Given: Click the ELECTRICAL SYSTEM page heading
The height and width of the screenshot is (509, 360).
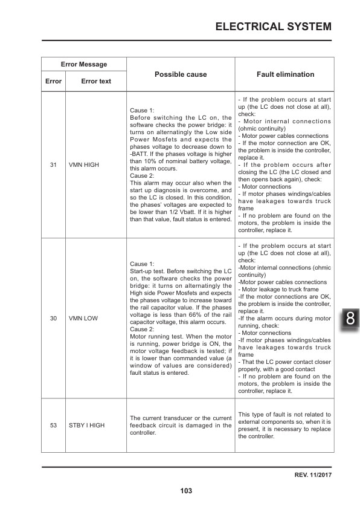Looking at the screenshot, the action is (273, 27).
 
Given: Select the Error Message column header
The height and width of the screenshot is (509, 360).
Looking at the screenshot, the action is (84, 64).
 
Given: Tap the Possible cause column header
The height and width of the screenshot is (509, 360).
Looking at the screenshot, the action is (181, 74).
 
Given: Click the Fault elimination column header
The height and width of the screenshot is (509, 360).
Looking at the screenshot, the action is (285, 74).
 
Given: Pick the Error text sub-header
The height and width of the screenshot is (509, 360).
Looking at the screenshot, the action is (96, 81).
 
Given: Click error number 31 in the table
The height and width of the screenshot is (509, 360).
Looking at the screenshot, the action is (53, 164).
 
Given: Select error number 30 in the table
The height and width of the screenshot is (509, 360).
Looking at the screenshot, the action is (53, 318).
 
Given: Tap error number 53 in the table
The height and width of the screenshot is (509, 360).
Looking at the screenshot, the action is (53, 426).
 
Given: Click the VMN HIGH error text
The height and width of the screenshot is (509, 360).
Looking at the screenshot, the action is (84, 164).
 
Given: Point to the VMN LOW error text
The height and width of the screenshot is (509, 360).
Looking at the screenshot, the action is (83, 318).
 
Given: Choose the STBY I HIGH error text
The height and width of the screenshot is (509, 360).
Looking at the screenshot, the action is (86, 426).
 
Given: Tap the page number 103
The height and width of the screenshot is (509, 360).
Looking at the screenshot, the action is (186, 491).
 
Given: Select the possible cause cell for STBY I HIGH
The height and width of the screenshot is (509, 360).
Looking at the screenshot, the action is (181, 426).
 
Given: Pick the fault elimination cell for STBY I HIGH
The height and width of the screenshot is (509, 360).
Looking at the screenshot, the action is (284, 426).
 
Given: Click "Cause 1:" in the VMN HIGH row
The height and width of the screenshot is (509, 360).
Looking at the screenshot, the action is (143, 111).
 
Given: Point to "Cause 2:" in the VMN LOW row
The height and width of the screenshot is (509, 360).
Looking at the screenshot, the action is (143, 329).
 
